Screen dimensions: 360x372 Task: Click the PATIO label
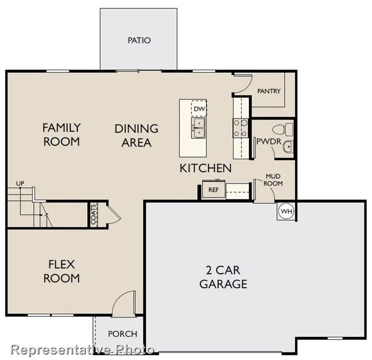pyautogui.click(x=139, y=41)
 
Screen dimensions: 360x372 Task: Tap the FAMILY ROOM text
pyautogui.click(x=62, y=134)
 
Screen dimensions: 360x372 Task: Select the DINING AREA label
pyautogui.click(x=136, y=136)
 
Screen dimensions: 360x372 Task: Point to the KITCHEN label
pyautogui.click(x=205, y=168)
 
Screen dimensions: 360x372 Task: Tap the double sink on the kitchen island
pyautogui.click(x=199, y=128)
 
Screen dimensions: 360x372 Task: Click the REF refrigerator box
pyautogui.click(x=213, y=190)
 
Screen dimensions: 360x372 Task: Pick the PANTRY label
pyautogui.click(x=269, y=91)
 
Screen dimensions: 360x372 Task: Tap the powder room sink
pyautogui.click(x=288, y=146)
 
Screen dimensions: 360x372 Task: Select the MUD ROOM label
pyautogui.click(x=274, y=180)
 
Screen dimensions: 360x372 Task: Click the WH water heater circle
pyautogui.click(x=286, y=211)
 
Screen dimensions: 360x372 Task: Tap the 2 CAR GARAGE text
pyautogui.click(x=223, y=277)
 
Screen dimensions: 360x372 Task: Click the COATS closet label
pyautogui.click(x=93, y=214)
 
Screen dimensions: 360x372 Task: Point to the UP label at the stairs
pyautogui.click(x=19, y=183)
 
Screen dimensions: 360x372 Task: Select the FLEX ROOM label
pyautogui.click(x=62, y=271)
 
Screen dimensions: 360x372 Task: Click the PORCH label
pyautogui.click(x=122, y=334)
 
